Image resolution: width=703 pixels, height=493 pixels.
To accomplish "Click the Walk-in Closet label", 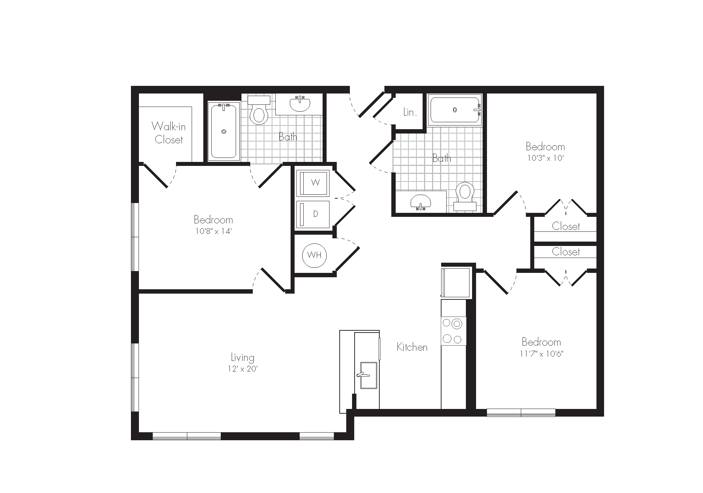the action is point(169,133).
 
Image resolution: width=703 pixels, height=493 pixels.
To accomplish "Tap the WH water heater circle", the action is point(314,255).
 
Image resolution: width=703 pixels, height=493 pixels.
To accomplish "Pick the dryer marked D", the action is point(313,214).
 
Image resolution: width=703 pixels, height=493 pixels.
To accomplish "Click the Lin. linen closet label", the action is point(410,112).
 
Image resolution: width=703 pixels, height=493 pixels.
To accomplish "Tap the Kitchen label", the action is point(412,347).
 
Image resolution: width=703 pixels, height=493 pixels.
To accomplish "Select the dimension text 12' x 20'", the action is point(242,369).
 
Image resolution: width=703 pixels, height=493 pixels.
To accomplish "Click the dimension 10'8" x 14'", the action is point(213,231).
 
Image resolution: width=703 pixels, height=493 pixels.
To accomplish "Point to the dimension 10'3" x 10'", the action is point(545,158).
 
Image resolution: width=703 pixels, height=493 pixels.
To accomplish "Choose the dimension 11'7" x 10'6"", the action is point(542,354).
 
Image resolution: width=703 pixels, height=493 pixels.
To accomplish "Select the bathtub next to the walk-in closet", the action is point(224,131).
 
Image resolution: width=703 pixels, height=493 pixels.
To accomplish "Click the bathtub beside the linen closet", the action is point(455,110).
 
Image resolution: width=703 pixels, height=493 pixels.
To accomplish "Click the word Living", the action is point(243,357).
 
